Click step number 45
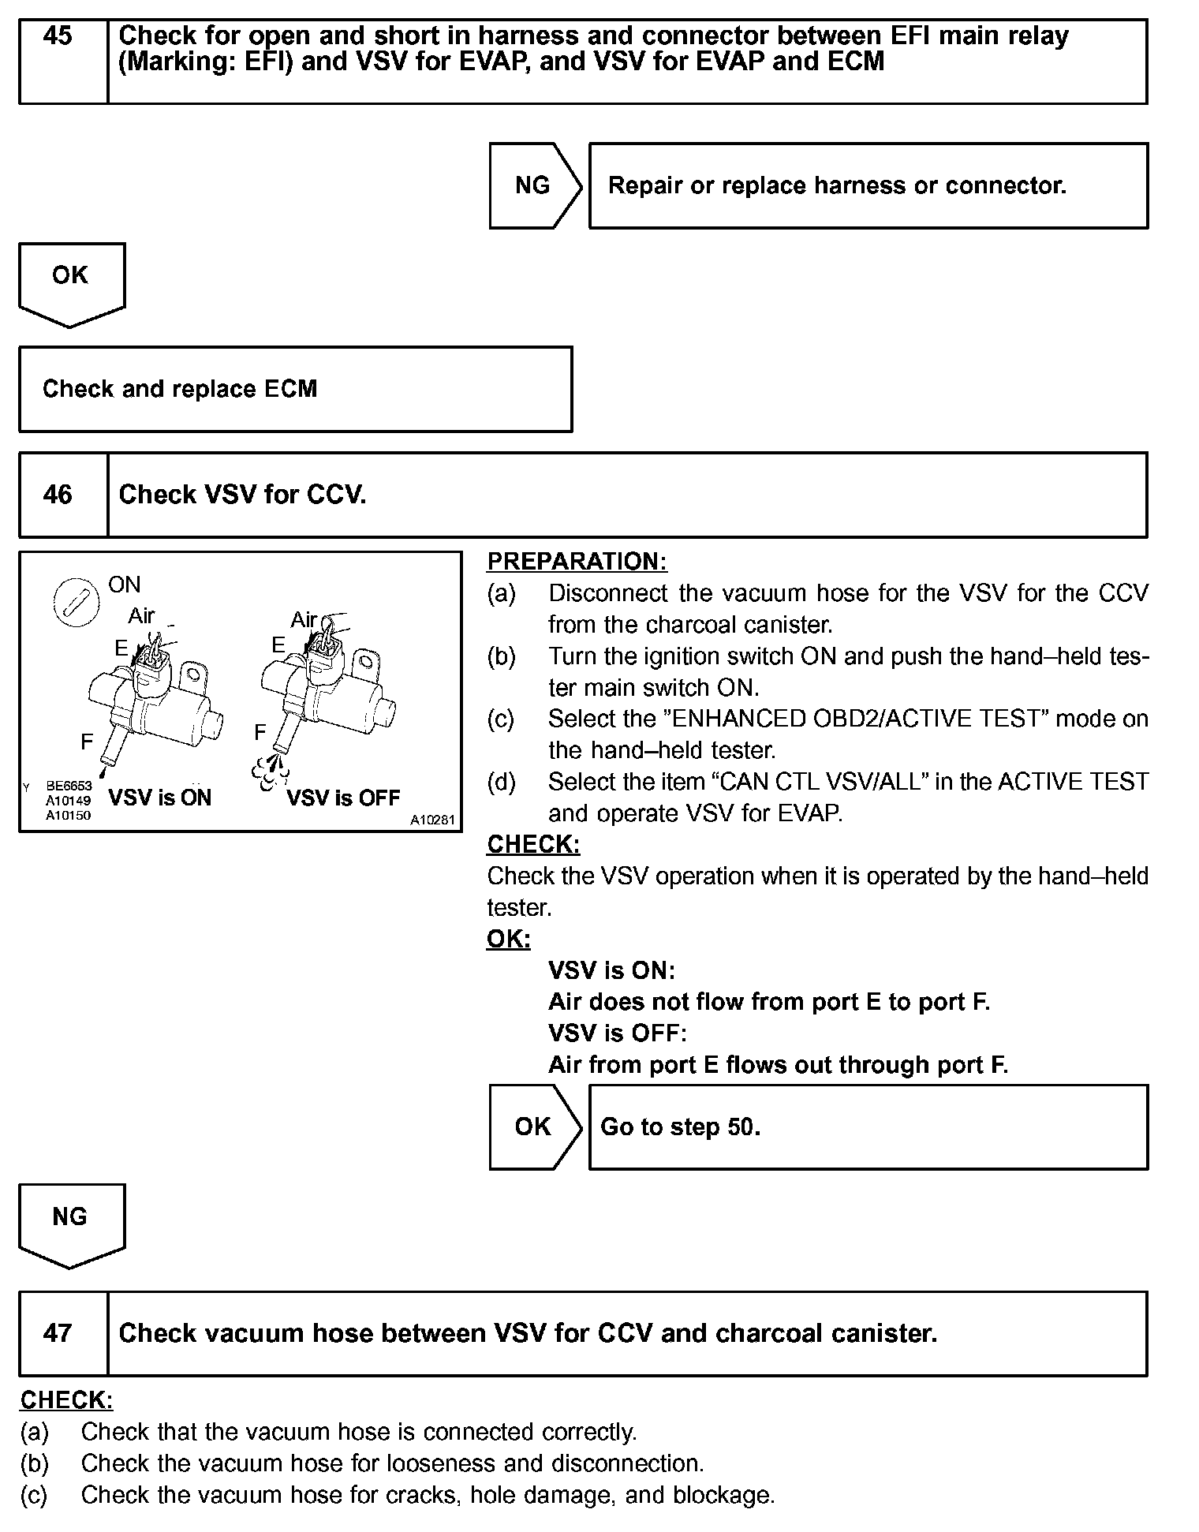pos(58,36)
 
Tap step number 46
pos(58,495)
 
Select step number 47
pos(58,1333)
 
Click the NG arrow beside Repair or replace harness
pos(534,185)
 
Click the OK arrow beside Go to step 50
pos(534,1127)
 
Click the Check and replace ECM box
pos(295,389)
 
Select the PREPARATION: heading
pos(577,562)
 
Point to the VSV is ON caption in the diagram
pos(160,798)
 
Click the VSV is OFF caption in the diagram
pos(343,798)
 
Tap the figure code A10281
pos(432,820)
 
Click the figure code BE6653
pos(69,786)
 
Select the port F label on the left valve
pos(87,742)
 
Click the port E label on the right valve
pos(278,645)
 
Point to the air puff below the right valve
pos(269,772)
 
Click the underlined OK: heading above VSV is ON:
pos(508,939)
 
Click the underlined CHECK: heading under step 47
pos(66,1399)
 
